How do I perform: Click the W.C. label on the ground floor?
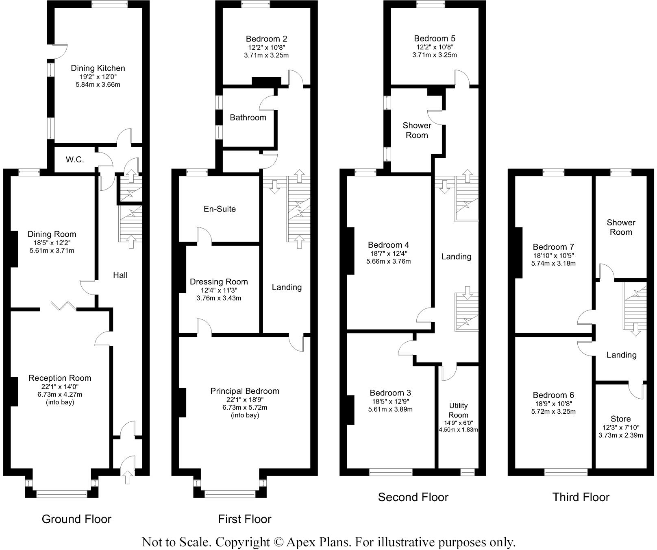pyautogui.click(x=75, y=159)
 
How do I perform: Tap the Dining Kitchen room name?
pyautogui.click(x=98, y=68)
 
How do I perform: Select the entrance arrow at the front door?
pyautogui.click(x=128, y=477)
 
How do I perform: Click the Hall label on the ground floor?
pyautogui.click(x=120, y=275)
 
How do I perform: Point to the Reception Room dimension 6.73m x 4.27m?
pyautogui.click(x=60, y=394)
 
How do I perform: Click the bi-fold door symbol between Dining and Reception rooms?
pyautogui.click(x=63, y=305)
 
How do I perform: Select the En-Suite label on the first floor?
pyautogui.click(x=220, y=209)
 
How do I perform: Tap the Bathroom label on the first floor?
pyautogui.click(x=248, y=118)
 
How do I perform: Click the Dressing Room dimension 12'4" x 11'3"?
pyautogui.click(x=219, y=290)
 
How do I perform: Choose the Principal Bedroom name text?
pyautogui.click(x=245, y=391)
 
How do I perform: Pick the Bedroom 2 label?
pyautogui.click(x=266, y=39)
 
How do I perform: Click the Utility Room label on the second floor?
pyautogui.click(x=458, y=410)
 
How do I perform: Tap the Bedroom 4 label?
pyautogui.click(x=388, y=245)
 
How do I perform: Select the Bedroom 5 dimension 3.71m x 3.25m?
pyautogui.click(x=435, y=55)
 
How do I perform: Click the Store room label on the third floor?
pyautogui.click(x=620, y=419)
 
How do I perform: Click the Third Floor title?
pyautogui.click(x=581, y=497)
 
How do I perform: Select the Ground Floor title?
pyautogui.click(x=76, y=519)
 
